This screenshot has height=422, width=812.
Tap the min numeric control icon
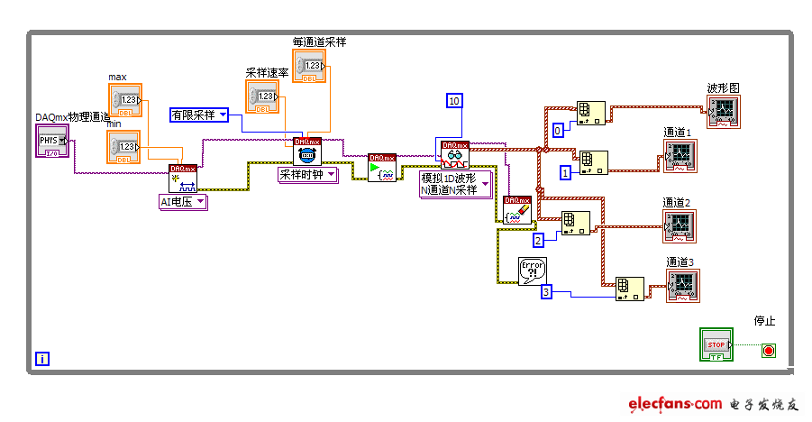124,147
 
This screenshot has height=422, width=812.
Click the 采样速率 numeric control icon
262,96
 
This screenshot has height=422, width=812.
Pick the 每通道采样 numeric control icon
308,67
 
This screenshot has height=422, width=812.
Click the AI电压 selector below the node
183,202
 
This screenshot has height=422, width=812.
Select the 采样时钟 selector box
306,175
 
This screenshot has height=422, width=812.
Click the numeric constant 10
453,100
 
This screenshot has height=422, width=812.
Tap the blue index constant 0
558,130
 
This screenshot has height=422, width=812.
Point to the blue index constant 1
566,172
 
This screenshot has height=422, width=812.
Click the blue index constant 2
538,240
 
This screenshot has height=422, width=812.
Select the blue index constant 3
546,291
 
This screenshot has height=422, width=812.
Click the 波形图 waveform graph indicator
724,113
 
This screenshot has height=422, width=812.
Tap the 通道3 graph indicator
682,286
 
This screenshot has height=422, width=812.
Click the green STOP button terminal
716,344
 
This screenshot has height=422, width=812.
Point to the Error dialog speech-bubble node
533,271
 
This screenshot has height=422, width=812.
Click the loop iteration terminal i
42,359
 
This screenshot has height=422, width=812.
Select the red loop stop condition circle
768,350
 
